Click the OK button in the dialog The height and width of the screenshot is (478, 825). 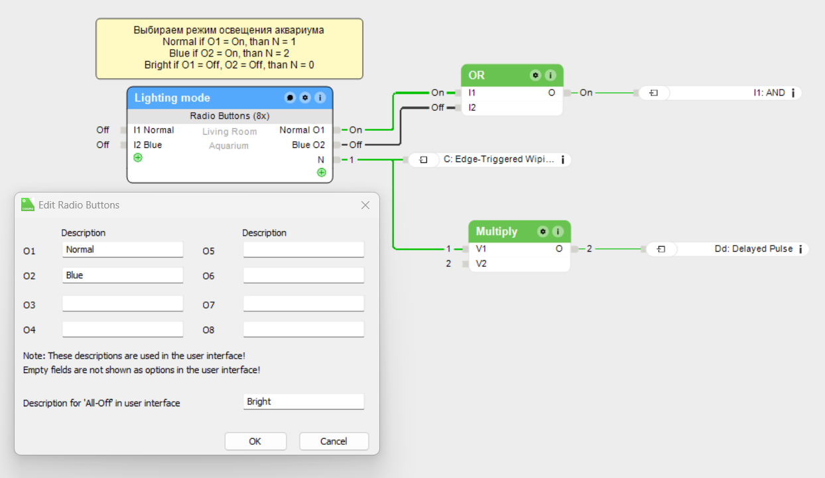255,441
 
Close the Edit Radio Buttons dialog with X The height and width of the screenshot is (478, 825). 365,205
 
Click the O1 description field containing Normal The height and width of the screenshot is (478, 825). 123,250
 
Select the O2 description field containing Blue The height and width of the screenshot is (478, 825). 123,275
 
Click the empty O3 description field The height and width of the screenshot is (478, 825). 123,303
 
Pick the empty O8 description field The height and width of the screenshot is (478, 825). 304,329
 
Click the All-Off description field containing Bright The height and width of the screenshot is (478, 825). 304,401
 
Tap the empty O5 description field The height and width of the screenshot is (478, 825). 304,250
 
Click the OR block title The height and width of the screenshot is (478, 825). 476,75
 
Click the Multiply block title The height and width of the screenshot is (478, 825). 497,231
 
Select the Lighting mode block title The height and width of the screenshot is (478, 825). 172,98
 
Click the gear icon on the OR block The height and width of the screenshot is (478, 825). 535,75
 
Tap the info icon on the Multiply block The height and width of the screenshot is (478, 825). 558,231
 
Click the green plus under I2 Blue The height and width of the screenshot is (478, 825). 138,158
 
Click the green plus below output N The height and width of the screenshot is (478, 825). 322,172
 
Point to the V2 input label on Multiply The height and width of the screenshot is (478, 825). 481,264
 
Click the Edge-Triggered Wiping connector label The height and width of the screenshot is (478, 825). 498,159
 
